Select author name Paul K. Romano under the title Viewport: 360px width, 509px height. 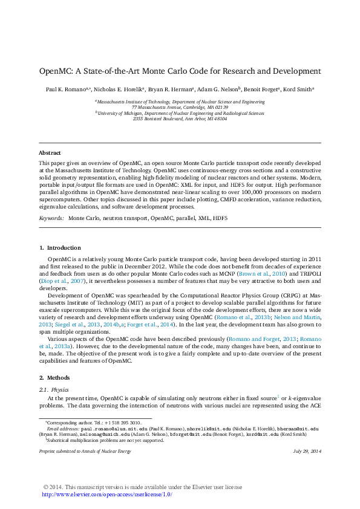click(x=65, y=89)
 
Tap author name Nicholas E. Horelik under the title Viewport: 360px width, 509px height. click(x=117, y=89)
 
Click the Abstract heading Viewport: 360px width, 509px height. click(x=50, y=153)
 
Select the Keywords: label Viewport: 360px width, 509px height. click(x=51, y=217)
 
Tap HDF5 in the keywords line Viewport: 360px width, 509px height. click(x=219, y=217)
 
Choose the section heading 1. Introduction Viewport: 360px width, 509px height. click(x=59, y=248)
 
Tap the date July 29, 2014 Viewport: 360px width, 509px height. click(x=307, y=452)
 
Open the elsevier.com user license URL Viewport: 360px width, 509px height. click(x=106, y=494)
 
